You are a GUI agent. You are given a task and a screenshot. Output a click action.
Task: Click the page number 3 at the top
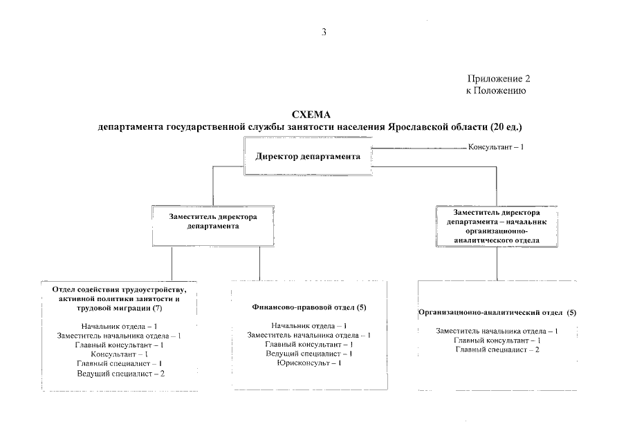[324, 32]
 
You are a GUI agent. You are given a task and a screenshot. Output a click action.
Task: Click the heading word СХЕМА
[311, 115]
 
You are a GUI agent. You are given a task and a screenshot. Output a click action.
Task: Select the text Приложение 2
[499, 79]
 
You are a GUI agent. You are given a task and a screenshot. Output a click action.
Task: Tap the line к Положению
[496, 91]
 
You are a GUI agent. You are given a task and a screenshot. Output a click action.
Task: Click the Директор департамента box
[308, 156]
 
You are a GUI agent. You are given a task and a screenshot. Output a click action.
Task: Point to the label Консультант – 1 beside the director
[496, 147]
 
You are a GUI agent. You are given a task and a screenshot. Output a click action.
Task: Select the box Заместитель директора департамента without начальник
[213, 226]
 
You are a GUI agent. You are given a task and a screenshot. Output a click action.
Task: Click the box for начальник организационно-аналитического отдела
[497, 227]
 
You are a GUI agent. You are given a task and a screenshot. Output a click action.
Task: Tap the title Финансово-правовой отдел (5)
[309, 307]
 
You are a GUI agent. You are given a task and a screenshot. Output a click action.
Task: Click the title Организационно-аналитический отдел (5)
[497, 313]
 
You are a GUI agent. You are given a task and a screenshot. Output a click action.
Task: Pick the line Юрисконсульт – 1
[309, 363]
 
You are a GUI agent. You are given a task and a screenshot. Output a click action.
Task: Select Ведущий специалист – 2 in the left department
[120, 374]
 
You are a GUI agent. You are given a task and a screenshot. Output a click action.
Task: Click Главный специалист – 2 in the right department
[497, 350]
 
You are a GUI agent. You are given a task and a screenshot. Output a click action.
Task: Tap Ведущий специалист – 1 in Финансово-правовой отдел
[309, 354]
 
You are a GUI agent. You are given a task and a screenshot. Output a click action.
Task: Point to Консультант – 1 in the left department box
[120, 354]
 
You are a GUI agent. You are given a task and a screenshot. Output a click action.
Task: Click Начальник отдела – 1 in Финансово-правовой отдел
[309, 326]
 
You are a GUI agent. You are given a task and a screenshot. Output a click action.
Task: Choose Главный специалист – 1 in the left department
[120, 363]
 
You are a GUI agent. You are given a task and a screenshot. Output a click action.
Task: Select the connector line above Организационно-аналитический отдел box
[497, 264]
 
